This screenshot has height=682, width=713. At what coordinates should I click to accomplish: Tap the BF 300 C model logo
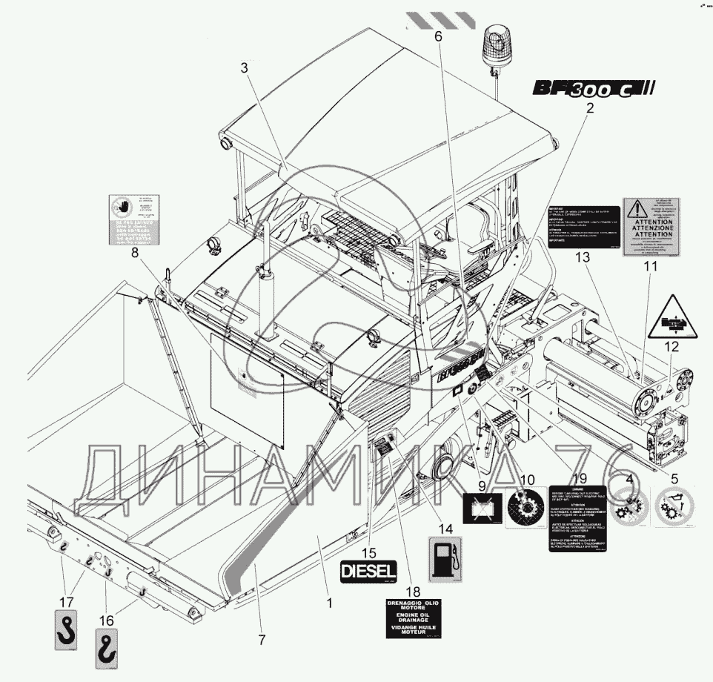[592, 89]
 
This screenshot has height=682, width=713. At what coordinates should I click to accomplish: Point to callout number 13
[581, 257]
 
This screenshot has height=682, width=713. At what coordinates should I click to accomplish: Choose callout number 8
[135, 252]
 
